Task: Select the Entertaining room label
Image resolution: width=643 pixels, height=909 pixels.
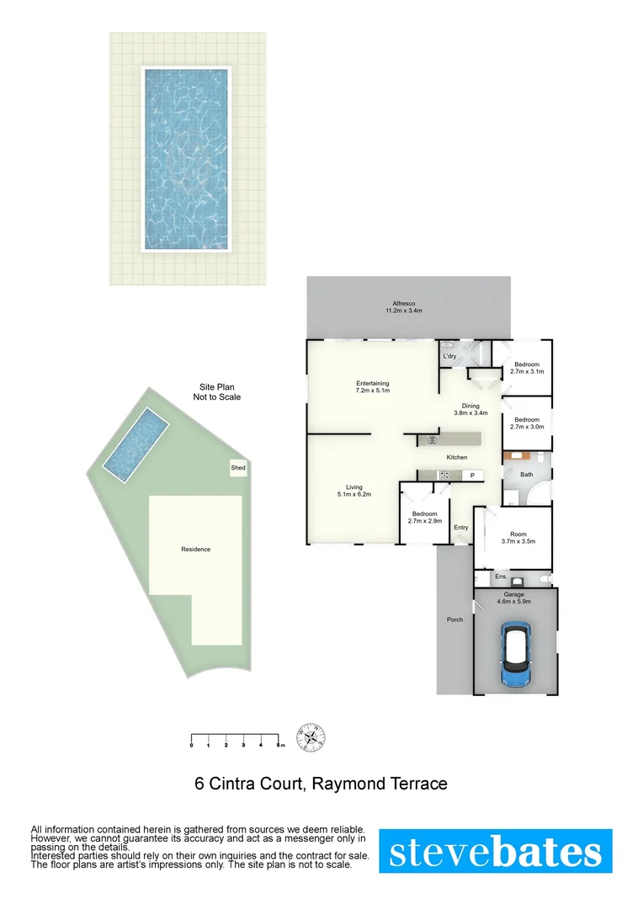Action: tap(372, 387)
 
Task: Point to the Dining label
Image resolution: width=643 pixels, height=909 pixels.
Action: tap(470, 408)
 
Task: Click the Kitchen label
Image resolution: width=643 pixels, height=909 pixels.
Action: tap(457, 457)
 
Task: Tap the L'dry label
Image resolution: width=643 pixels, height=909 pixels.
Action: tap(449, 357)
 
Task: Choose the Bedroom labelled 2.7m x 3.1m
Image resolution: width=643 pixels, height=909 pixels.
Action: tap(528, 367)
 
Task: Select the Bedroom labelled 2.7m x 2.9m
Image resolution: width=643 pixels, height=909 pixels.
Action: tap(424, 518)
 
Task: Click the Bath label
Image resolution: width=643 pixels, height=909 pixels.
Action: tap(527, 475)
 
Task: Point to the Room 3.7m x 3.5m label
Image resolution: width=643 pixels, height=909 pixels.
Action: tap(518, 538)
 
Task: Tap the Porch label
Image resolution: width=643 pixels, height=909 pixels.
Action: tap(454, 620)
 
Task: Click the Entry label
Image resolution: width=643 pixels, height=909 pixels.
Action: tap(460, 528)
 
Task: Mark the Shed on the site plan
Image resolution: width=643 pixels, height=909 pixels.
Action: tap(238, 467)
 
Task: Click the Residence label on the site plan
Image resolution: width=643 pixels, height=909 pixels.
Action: tap(195, 549)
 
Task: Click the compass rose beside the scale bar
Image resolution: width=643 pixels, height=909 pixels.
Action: tap(313, 737)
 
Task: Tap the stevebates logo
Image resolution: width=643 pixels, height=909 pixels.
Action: tap(496, 851)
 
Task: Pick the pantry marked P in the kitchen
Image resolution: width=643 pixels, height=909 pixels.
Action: tap(472, 476)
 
